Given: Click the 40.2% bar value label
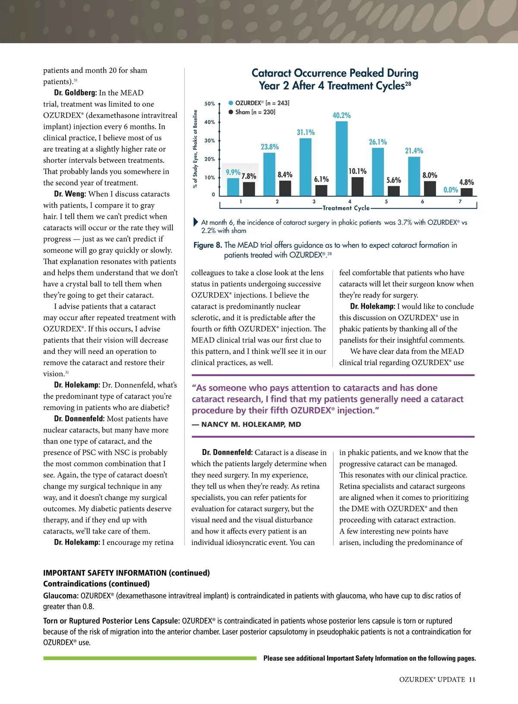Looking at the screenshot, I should tap(341, 115).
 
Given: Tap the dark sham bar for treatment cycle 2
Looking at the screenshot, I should tap(285, 188).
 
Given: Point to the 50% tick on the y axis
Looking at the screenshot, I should tap(210, 104).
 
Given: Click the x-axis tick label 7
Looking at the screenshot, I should tap(460, 202).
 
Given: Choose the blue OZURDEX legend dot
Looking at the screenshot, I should tap(231, 103).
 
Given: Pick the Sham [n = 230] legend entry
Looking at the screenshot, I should tap(255, 112).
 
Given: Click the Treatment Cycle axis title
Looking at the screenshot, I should tap(346, 208).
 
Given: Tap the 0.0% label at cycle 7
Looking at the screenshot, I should tap(451, 190).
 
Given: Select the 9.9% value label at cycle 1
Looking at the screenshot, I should tap(233, 172).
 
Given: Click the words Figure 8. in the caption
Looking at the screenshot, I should tap(208, 245).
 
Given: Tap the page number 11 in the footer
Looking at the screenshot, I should tap(472, 679).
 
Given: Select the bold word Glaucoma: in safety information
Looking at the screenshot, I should tap(61, 596).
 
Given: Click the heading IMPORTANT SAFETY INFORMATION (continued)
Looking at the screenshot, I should tap(126, 573).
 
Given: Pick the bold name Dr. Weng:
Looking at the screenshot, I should tap(70, 194).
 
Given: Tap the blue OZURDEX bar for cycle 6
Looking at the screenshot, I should tap(414, 176).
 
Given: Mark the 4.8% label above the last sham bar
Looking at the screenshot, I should tap(466, 182).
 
